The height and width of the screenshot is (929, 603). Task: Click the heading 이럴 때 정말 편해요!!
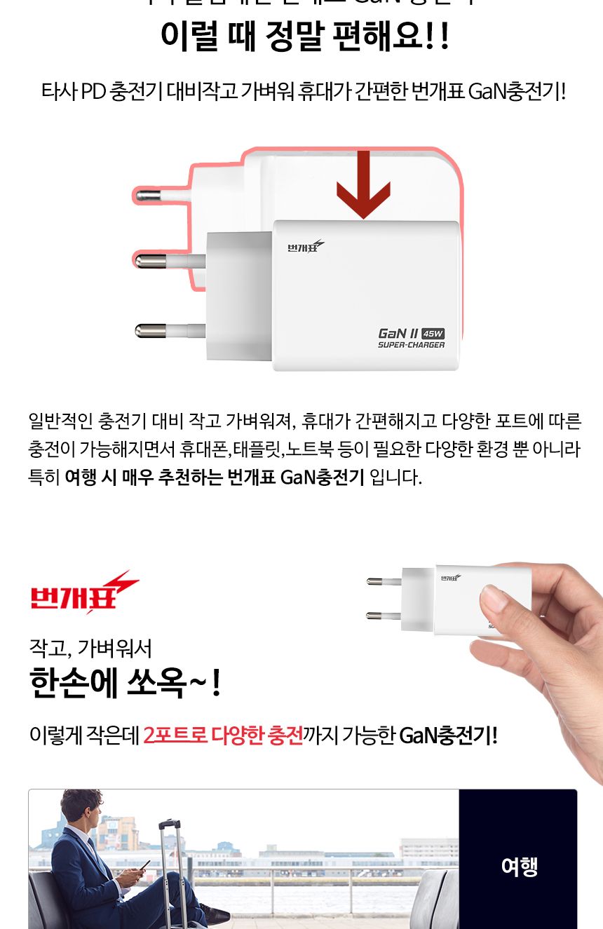tap(304, 36)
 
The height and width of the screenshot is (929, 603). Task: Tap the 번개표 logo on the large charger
tap(306, 246)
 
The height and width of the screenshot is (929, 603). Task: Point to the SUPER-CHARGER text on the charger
tap(411, 345)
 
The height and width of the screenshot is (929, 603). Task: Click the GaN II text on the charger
tap(398, 333)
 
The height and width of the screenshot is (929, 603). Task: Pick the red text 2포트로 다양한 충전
tap(223, 735)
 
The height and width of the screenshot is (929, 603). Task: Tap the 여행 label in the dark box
tap(519, 867)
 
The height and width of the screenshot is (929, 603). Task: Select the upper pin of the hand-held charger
tap(383, 581)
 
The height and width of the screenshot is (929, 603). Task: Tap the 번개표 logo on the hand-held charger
tap(451, 578)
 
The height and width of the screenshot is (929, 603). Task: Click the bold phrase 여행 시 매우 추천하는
tap(144, 478)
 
